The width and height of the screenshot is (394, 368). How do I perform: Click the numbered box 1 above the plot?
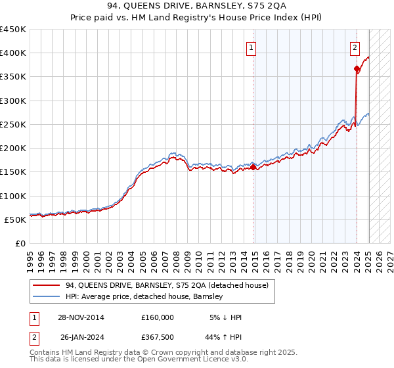pyautogui.click(x=252, y=47)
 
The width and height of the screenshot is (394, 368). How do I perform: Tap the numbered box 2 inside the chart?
pyautogui.click(x=355, y=47)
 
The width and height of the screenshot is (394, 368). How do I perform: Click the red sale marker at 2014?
pyautogui.click(x=253, y=168)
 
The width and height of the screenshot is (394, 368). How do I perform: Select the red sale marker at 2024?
pyautogui.click(x=357, y=68)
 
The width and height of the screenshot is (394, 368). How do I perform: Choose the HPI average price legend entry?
pyautogui.click(x=144, y=297)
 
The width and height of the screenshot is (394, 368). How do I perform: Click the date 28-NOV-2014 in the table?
pyautogui.click(x=81, y=317)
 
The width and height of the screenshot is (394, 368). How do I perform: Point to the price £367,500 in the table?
pyautogui.click(x=158, y=337)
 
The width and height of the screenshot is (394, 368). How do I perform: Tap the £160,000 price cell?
pyautogui.click(x=158, y=317)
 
